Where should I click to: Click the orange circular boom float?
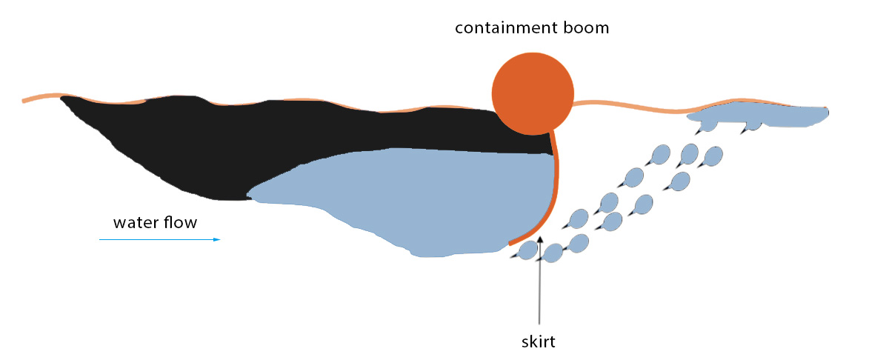click(533, 94)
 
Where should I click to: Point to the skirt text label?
click(538, 342)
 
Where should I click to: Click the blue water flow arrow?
click(160, 239)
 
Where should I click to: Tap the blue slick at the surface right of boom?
click(757, 115)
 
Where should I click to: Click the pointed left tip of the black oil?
click(61, 98)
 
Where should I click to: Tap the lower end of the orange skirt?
click(510, 244)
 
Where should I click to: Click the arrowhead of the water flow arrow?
click(217, 239)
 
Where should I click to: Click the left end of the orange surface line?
click(23, 101)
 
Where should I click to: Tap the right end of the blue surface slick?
click(827, 113)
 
